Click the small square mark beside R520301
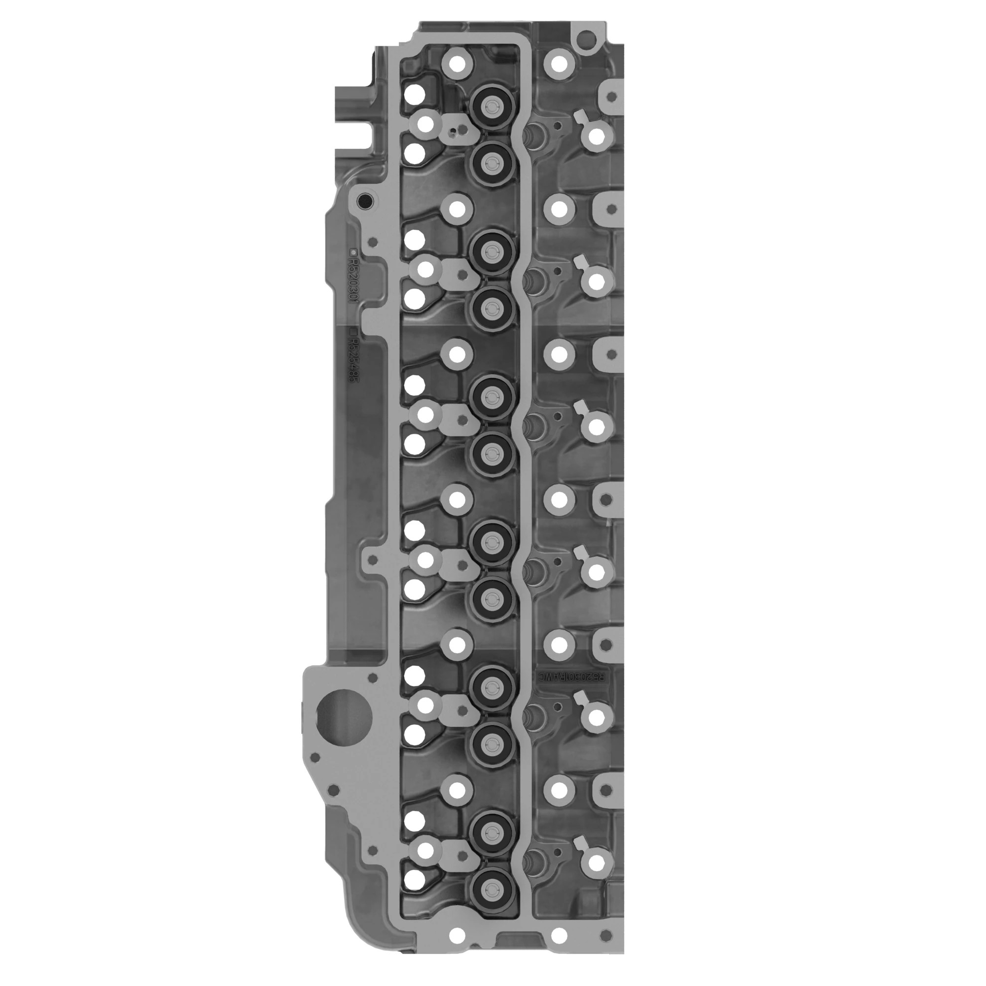pos(352,252)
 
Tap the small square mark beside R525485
pos(352,331)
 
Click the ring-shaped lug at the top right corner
pos(586,39)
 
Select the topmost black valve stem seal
pos(491,106)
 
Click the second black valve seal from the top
pos(491,163)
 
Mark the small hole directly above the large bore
pos(372,677)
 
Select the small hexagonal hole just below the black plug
pos(373,242)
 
